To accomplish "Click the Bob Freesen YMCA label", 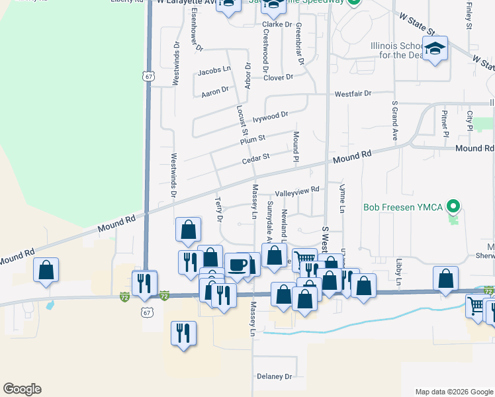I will pos(402,207).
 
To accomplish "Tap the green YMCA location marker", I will pos(453,207).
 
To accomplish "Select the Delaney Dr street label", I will pos(274,376).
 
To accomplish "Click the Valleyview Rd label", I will pos(297,189).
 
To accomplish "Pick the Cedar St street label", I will pos(256,158).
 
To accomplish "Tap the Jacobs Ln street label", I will pos(214,69).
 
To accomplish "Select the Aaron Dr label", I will pos(214,90).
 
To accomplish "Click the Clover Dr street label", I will pos(278,77).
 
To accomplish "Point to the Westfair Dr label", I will pos(353,93).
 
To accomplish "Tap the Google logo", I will pos(22,389).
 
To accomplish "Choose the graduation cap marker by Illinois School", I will pos(435,50).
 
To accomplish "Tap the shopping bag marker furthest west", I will pos(46,270).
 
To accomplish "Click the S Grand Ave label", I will pos(394,121).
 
